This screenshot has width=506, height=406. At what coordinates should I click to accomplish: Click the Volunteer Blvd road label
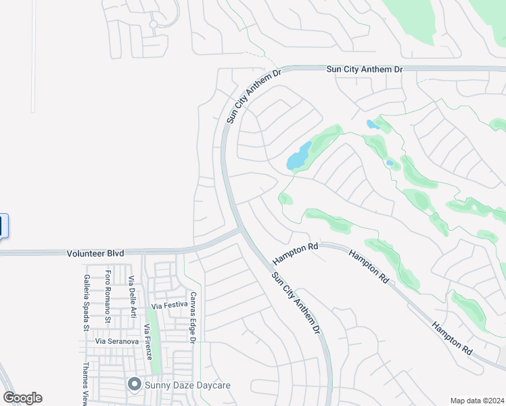pyautogui.click(x=95, y=253)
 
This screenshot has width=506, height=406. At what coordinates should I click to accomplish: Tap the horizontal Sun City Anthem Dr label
pyautogui.click(x=365, y=69)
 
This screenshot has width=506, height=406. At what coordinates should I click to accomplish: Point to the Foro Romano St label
pyautogui.click(x=108, y=296)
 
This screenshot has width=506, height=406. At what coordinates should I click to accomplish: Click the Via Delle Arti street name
pyautogui.click(x=133, y=298)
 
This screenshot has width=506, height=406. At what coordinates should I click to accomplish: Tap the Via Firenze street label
pyautogui.click(x=147, y=341)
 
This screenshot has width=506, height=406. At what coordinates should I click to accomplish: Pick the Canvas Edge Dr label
pyautogui.click(x=192, y=318)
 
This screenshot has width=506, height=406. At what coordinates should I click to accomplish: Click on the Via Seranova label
pyautogui.click(x=117, y=342)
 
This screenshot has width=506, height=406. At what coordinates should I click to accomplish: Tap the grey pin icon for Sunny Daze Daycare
pyautogui.click(x=135, y=385)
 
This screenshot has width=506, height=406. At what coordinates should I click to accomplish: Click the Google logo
pyautogui.click(x=22, y=398)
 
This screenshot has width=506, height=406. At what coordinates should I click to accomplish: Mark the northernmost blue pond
pyautogui.click(x=373, y=125)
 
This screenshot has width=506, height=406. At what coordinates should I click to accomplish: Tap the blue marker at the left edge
pyautogui.click(x=3, y=226)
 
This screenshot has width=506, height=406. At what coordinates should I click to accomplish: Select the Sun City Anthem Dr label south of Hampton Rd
pyautogui.click(x=295, y=302)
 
